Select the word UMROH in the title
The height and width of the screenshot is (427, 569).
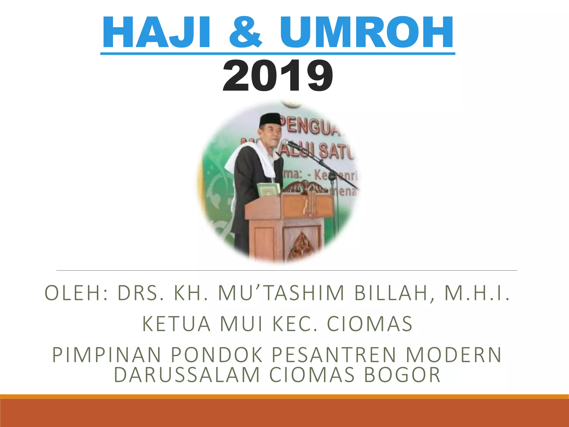[367, 33]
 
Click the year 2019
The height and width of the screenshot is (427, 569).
[278, 76]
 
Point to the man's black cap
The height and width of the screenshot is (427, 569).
[270, 120]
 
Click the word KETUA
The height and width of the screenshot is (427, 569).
[177, 324]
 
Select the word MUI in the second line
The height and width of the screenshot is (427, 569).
[241, 324]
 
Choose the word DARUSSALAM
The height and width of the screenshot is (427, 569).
[187, 375]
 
